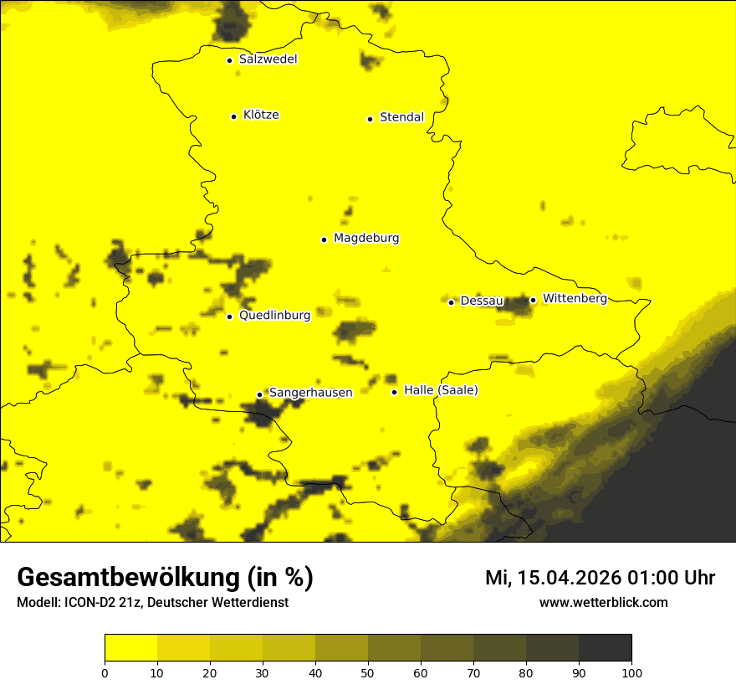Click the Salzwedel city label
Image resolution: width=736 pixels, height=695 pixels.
[268, 59]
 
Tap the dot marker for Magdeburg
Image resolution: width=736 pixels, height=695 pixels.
[324, 239]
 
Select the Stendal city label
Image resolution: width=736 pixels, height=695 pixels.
[401, 117]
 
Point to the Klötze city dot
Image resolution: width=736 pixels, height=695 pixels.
[233, 116]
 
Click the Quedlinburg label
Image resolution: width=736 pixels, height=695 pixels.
[274, 316]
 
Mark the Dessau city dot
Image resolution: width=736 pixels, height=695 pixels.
[451, 302]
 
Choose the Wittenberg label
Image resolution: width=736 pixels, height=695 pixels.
[575, 298]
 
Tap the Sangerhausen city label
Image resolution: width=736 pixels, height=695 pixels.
[310, 393]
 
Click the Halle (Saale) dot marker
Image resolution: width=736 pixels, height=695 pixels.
[394, 392]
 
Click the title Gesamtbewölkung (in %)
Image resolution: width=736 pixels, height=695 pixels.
[165, 578]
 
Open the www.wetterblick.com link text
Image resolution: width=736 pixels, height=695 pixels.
[603, 602]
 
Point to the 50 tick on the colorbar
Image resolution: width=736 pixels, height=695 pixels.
[368, 672]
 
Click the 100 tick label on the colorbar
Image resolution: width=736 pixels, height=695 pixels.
[631, 672]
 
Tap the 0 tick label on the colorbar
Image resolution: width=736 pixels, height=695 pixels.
[105, 672]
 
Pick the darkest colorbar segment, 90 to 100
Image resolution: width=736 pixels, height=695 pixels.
[605, 648]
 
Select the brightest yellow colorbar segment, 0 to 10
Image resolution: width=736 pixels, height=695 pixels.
[130, 648]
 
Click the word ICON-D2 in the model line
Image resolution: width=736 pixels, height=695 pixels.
[87, 603]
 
